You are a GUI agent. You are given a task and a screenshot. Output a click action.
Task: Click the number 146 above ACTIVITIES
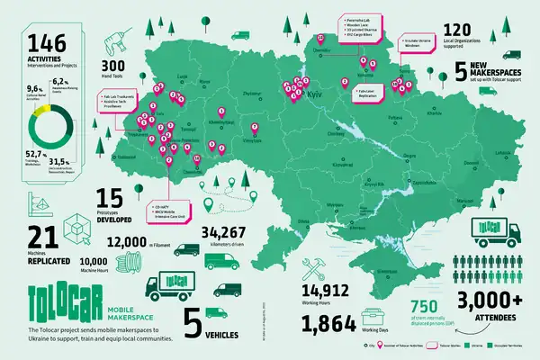tap(48, 43)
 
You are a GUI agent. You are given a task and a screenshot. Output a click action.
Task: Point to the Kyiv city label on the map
tap(316, 93)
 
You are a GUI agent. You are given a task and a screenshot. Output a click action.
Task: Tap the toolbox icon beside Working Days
tap(372, 319)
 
